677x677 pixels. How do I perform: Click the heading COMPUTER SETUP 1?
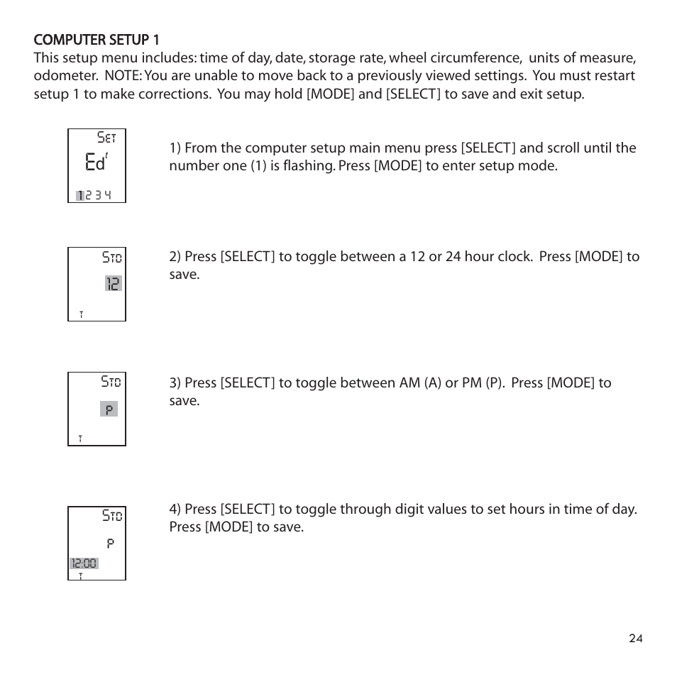[x=97, y=40]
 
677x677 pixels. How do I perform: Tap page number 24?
[x=635, y=639]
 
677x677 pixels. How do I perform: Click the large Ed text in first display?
[x=94, y=163]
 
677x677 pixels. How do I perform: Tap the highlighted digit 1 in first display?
[x=81, y=195]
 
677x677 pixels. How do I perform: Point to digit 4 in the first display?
[x=107, y=195]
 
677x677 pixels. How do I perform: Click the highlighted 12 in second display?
[x=113, y=284]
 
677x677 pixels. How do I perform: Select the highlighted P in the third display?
[x=109, y=409]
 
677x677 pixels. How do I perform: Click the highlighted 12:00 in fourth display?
[x=84, y=563]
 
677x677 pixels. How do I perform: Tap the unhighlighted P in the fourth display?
[x=111, y=544]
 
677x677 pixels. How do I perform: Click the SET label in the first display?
[x=106, y=138]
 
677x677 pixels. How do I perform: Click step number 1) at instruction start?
[x=175, y=148]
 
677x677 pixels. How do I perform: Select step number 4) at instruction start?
[x=175, y=510]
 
